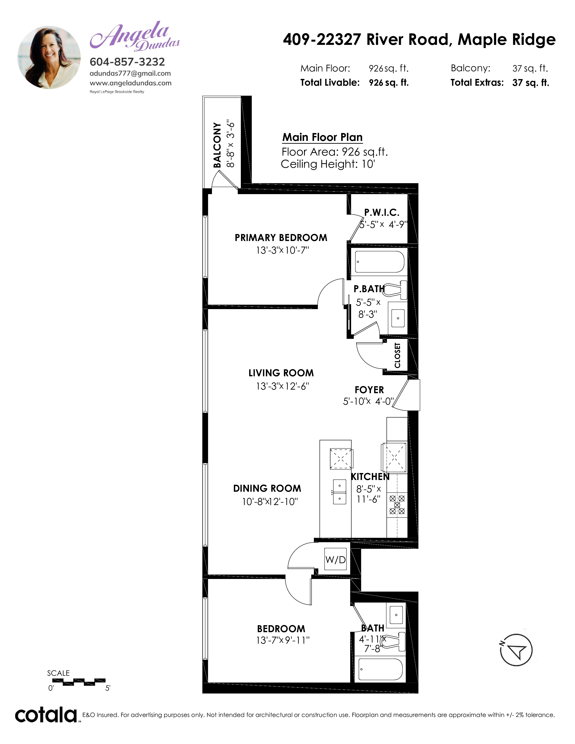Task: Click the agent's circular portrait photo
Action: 49,57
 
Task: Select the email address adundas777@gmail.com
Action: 130,73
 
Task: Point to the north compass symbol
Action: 516,650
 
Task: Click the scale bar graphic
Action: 79,681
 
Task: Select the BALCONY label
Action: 217,145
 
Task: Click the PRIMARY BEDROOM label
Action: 281,237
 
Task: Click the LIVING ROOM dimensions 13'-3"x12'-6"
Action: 282,386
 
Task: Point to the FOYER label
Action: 369,390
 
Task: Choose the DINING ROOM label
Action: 267,488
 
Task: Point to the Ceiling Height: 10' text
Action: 328,164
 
